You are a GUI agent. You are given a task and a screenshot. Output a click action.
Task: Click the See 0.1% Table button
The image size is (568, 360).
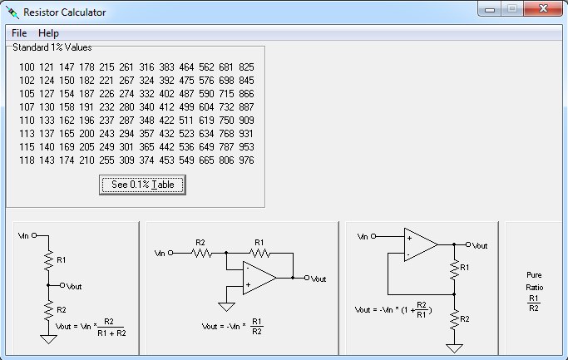click(x=142, y=185)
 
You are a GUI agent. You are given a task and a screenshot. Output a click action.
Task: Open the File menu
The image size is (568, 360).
click(x=19, y=33)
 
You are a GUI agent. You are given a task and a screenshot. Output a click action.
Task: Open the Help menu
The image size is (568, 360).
click(x=48, y=33)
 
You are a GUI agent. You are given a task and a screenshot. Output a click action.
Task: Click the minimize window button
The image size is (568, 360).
click(x=489, y=8)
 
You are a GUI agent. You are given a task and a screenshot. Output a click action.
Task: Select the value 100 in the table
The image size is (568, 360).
click(x=27, y=67)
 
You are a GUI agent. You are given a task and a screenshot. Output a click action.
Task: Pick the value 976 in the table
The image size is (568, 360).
click(x=246, y=160)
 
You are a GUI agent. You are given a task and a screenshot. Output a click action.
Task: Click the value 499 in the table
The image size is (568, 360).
click(x=187, y=107)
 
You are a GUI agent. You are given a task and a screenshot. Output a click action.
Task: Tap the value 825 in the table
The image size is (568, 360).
click(x=246, y=67)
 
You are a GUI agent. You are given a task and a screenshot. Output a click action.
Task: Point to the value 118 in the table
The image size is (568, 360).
click(x=27, y=160)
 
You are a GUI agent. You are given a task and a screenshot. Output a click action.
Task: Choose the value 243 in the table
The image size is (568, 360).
click(x=106, y=134)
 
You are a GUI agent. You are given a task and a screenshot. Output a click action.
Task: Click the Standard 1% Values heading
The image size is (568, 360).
click(x=52, y=48)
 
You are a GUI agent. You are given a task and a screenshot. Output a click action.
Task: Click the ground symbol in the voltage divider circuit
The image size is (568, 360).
click(x=49, y=338)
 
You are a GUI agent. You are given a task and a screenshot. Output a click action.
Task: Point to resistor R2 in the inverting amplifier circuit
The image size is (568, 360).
click(x=200, y=253)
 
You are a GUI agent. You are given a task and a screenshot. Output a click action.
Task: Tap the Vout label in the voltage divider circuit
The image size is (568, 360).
click(x=73, y=285)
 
